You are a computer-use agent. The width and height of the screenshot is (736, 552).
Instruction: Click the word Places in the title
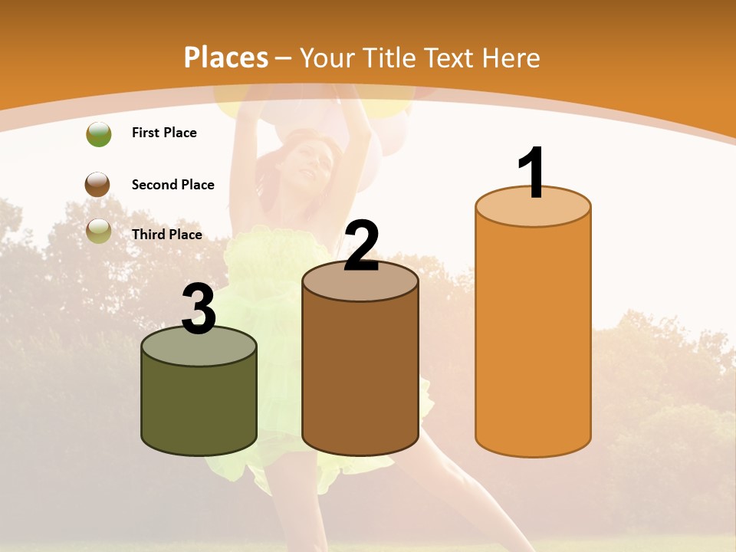[226, 58]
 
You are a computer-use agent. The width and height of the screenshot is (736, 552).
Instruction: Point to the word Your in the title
[327, 58]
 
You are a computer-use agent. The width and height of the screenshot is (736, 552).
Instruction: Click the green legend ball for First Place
[98, 133]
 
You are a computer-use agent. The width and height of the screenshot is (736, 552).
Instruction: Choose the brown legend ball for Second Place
[97, 185]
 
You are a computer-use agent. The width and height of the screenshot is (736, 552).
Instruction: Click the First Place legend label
[164, 133]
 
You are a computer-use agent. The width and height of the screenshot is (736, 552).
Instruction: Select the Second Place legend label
[172, 185]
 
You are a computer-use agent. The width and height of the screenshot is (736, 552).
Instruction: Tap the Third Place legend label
[166, 235]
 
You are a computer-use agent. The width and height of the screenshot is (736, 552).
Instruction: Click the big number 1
[532, 172]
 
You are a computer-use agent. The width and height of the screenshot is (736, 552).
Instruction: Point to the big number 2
[361, 246]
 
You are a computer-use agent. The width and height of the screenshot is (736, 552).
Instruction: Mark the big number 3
[199, 309]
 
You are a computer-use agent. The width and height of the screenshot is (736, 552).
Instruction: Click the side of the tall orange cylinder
[533, 337]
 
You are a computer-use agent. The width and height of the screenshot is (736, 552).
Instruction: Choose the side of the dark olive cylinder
[199, 406]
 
